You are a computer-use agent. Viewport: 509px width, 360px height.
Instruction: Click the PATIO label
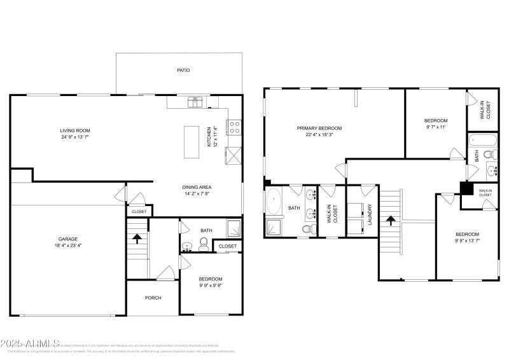(x=183, y=70)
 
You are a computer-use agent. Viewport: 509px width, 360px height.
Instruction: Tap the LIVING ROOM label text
(x=75, y=130)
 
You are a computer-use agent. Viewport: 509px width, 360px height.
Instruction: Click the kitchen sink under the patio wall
(x=195, y=102)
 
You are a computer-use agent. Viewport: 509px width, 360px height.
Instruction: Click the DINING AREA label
(x=197, y=187)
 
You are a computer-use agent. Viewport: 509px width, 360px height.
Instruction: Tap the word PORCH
(x=153, y=298)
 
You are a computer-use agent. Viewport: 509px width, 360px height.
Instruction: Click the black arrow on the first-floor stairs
(x=136, y=238)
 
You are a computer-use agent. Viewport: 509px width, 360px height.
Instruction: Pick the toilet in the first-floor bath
(x=204, y=243)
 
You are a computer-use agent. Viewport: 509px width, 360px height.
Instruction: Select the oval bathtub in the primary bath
(x=274, y=202)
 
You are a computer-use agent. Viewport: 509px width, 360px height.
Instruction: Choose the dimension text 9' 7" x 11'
(x=436, y=127)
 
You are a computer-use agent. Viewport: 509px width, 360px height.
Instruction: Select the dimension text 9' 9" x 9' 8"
(x=210, y=286)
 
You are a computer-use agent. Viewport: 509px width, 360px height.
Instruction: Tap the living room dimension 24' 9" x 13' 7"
(x=75, y=137)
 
